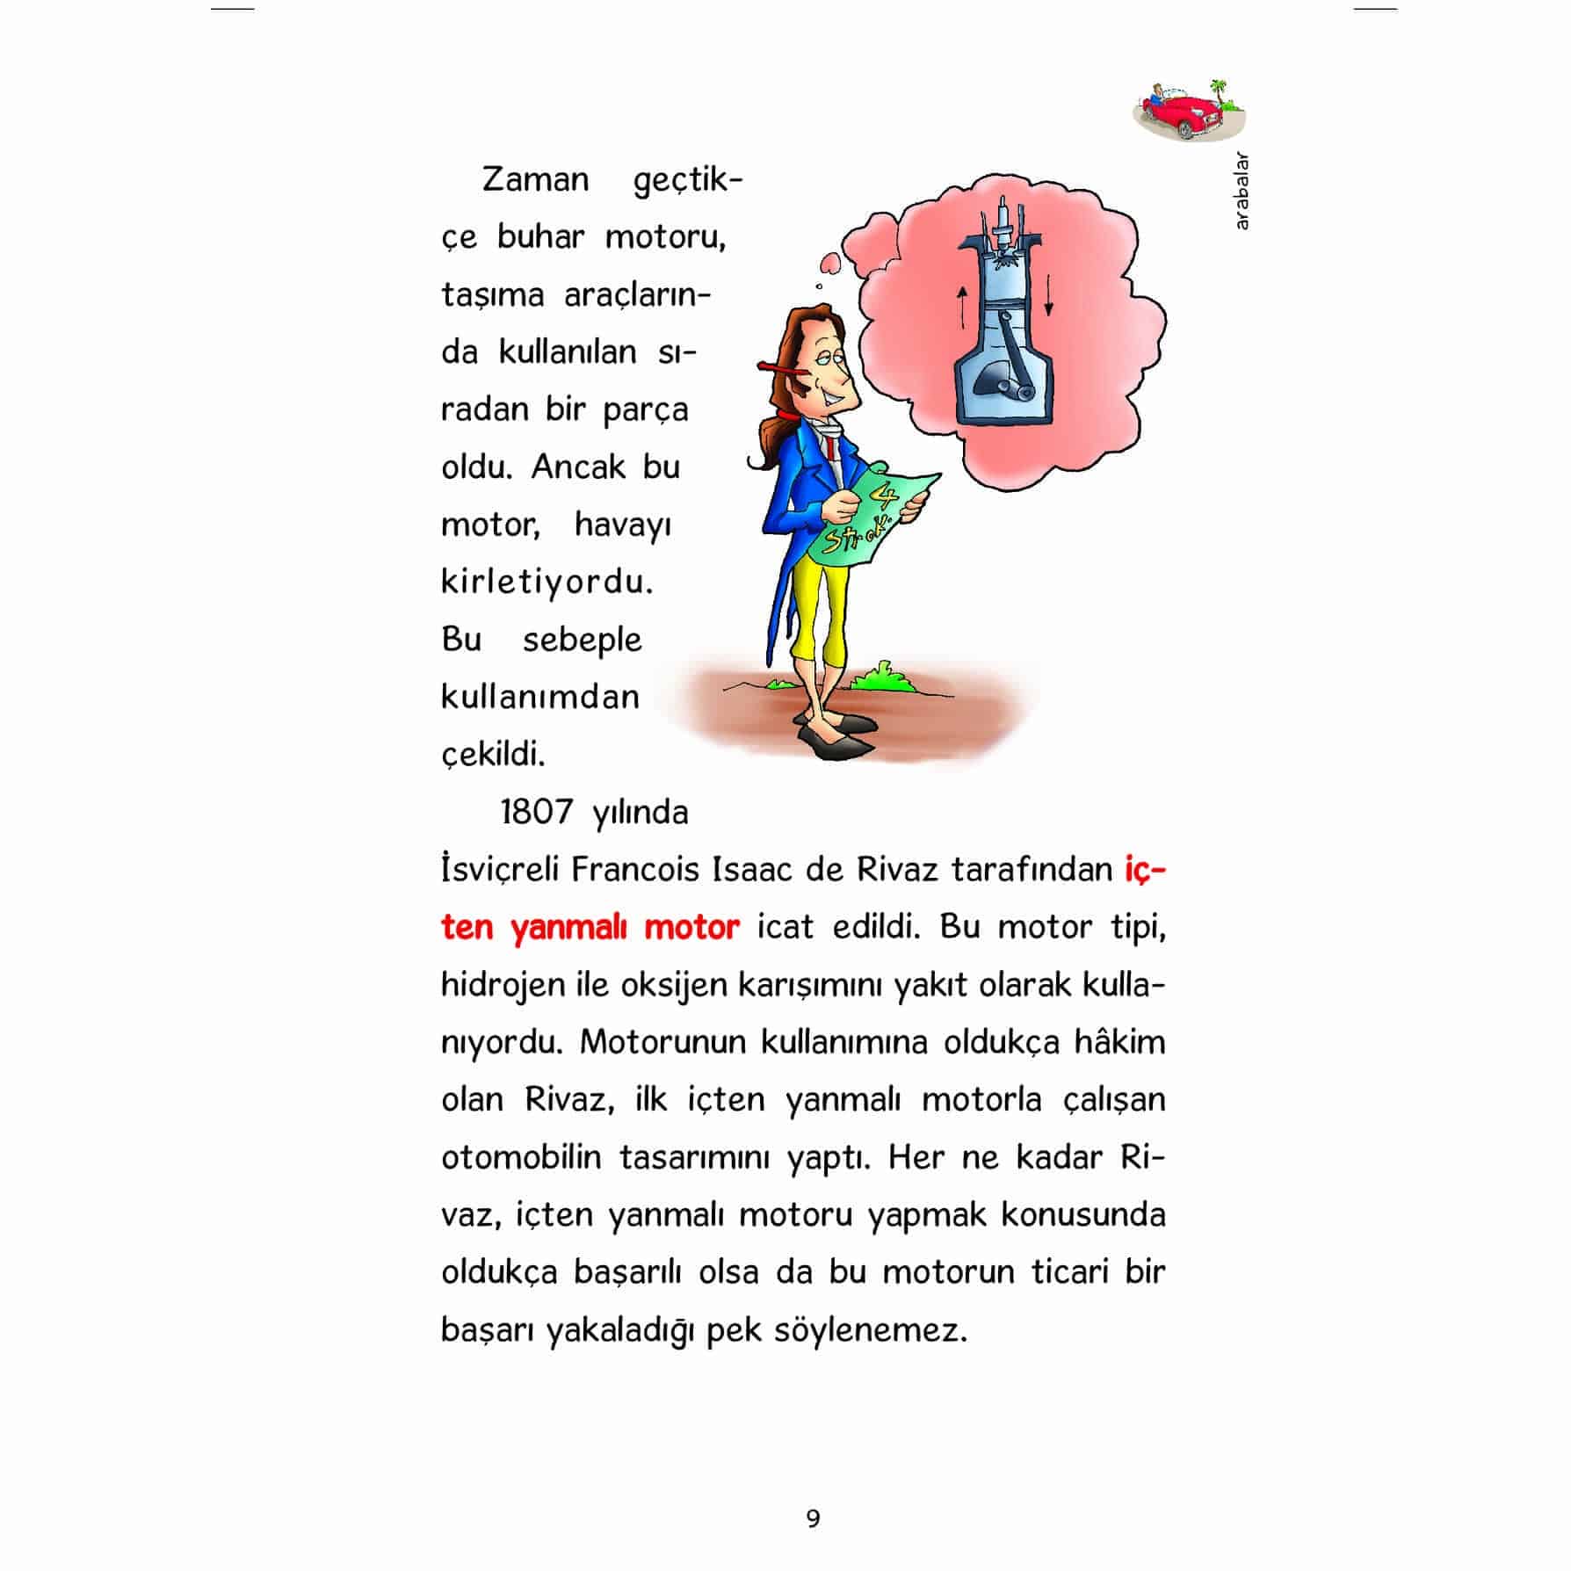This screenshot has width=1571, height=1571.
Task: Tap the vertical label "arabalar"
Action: (x=1241, y=192)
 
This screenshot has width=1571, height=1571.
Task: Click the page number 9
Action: (x=813, y=1517)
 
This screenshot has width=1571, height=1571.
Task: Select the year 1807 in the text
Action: (x=538, y=812)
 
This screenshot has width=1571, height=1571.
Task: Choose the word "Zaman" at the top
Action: (x=536, y=180)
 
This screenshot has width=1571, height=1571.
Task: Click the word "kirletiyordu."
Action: (x=547, y=582)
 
